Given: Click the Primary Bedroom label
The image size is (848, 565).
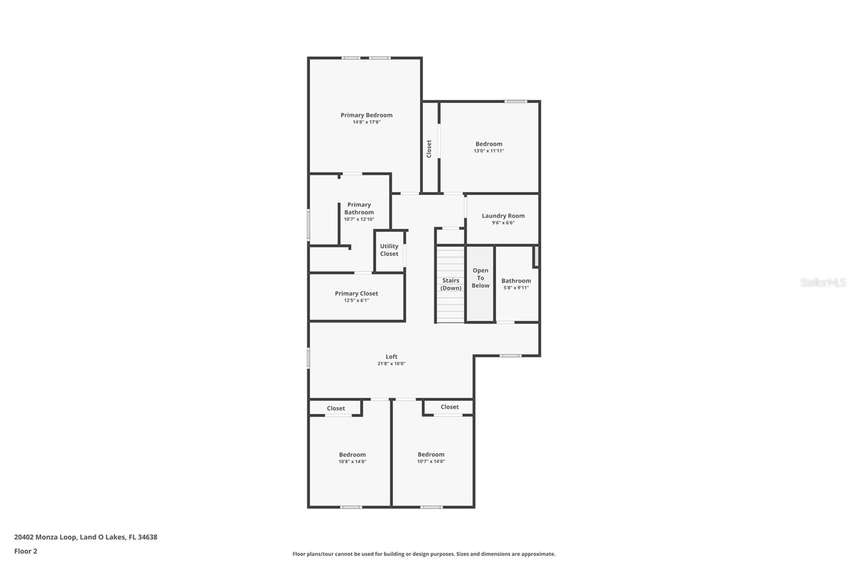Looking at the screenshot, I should pos(366,115).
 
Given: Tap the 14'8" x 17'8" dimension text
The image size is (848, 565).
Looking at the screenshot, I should pos(366,122).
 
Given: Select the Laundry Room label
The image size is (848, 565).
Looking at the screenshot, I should pos(503,216).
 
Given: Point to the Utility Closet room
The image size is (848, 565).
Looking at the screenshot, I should pos(389,250).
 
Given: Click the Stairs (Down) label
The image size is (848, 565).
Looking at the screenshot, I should pos(451,284).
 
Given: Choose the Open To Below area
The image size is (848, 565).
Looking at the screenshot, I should pos(481,278).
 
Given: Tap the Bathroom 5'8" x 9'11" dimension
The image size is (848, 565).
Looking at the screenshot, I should pos(516,288).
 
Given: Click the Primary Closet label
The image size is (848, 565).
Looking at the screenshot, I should pos(356,293).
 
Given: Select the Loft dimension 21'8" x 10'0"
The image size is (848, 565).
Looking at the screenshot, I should pos(391,364).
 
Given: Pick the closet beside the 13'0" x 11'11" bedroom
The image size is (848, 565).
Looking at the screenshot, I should pos(429,148).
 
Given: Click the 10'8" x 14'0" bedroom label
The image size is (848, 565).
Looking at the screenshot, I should pos(352,454).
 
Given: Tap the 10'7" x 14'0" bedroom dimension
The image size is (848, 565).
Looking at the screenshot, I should pos(431,462).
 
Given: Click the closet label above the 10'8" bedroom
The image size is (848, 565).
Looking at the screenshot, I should pos(335,408).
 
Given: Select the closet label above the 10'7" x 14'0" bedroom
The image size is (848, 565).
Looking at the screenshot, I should pos(449,407).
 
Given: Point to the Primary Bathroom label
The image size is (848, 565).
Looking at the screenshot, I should pos(359,208).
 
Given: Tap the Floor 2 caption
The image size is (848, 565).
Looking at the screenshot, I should pos(25,551).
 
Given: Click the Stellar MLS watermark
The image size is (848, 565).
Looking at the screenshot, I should pos(823,282).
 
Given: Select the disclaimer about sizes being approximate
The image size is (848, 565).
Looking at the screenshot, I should pos(424,554).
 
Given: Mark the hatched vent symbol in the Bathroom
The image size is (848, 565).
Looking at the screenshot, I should pos(536,256).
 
